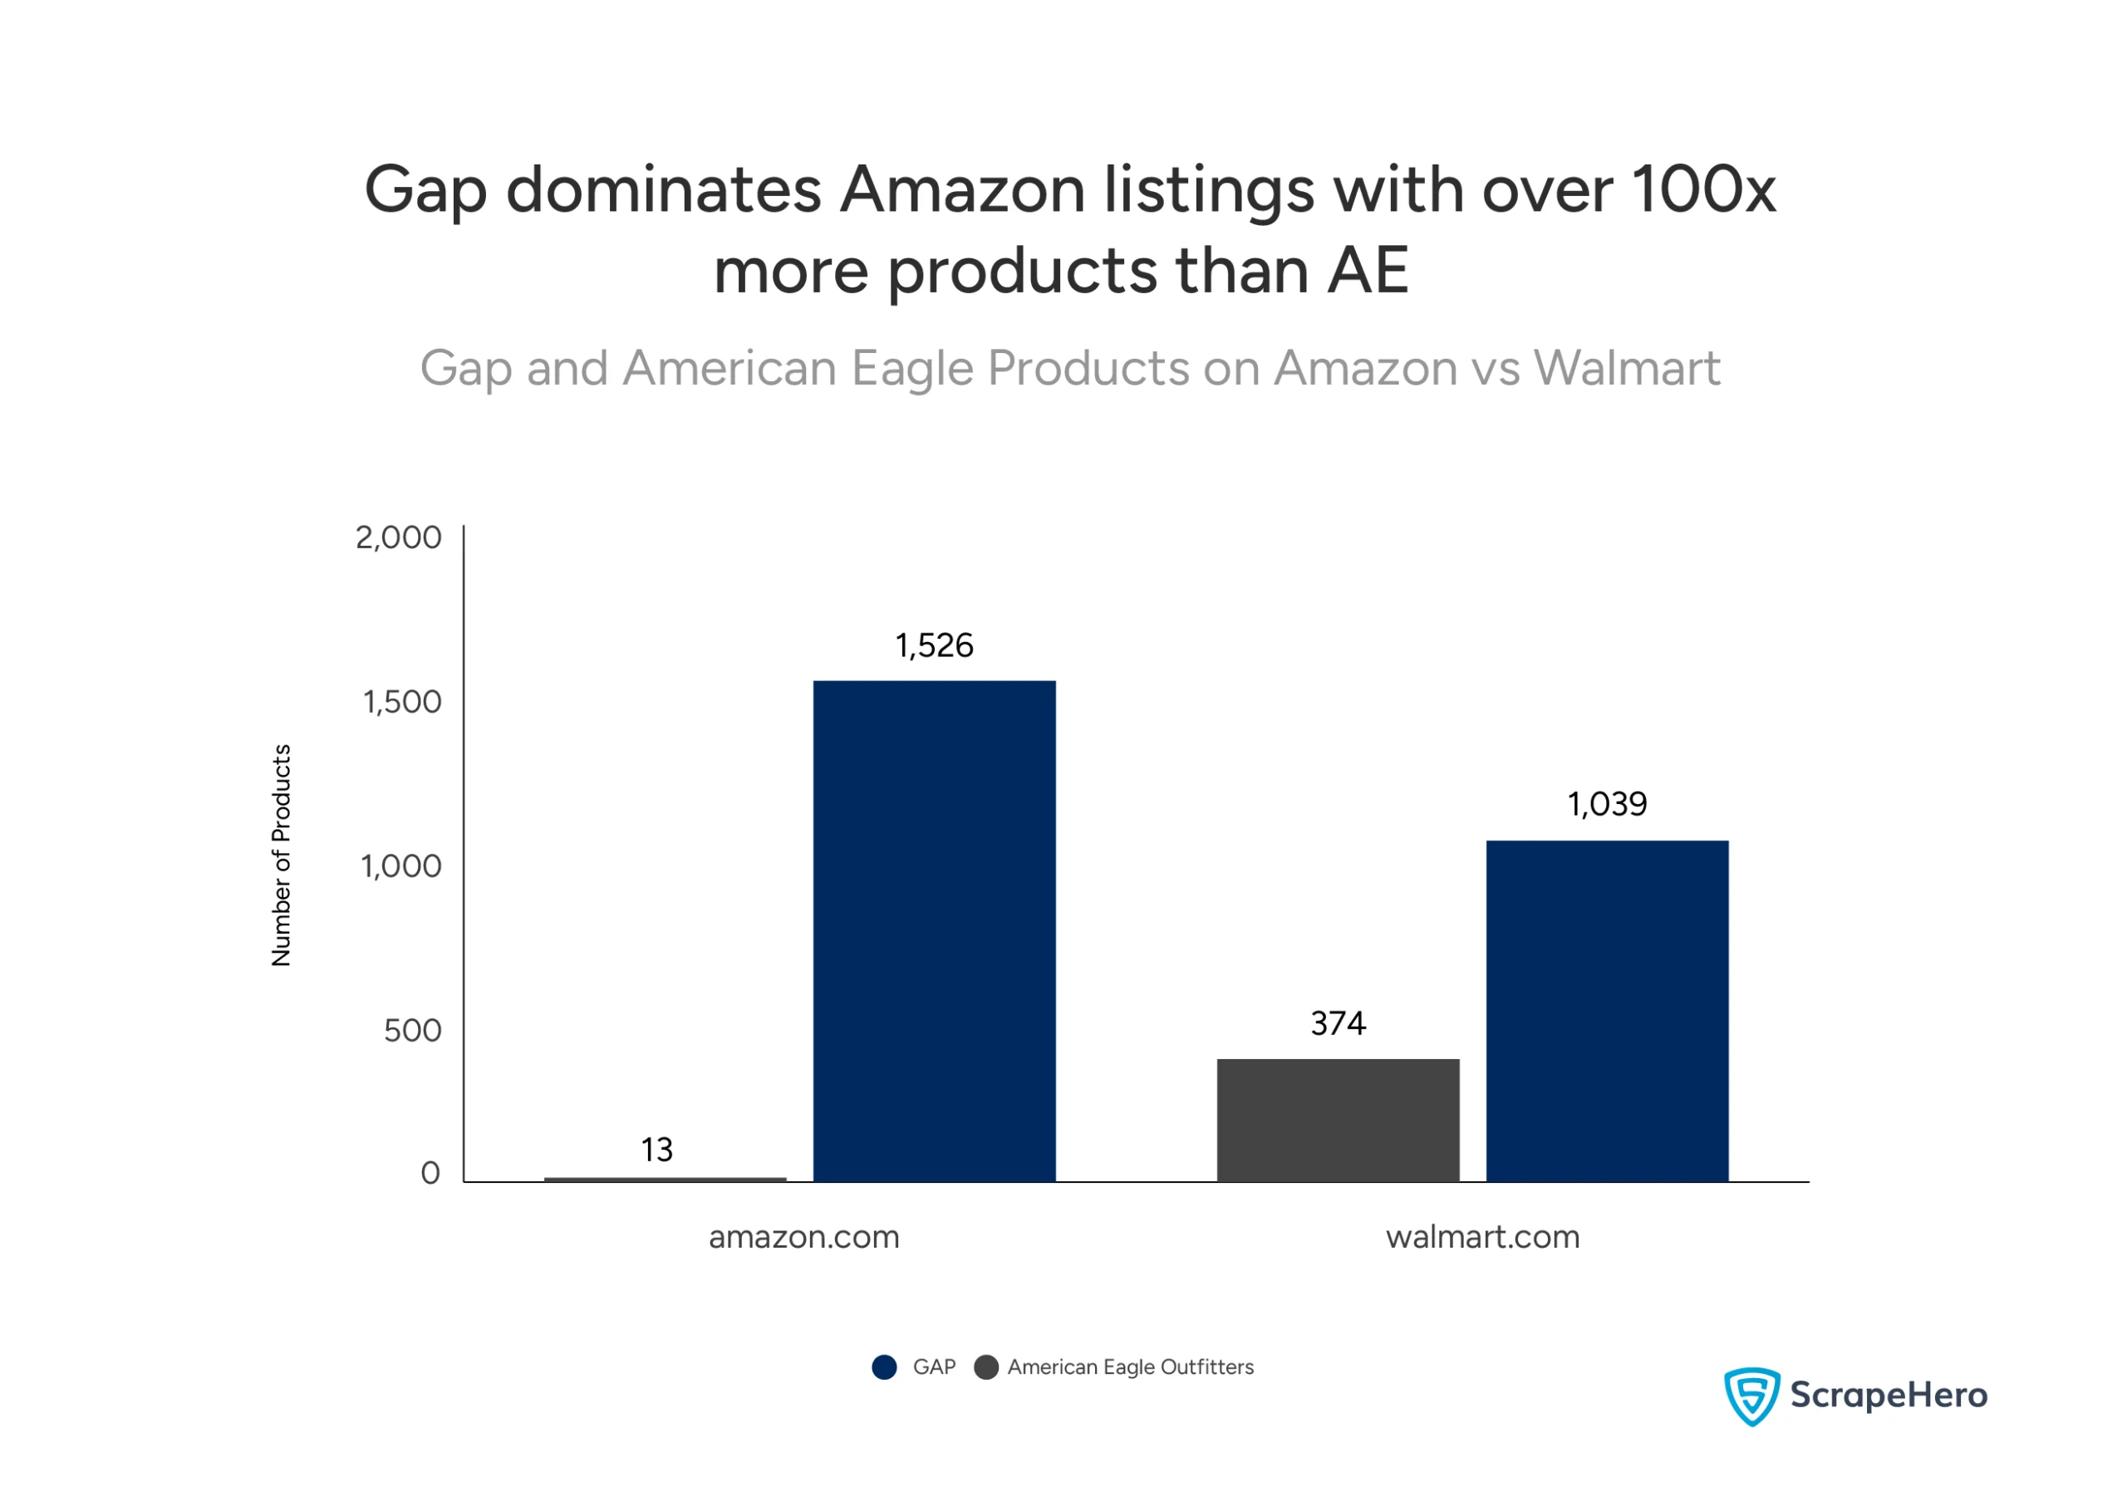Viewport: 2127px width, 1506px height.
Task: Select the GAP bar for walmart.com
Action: click(x=1606, y=1010)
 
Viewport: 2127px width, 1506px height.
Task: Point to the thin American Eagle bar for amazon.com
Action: click(x=664, y=1179)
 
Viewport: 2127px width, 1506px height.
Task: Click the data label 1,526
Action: click(x=933, y=645)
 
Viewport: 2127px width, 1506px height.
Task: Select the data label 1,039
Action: click(x=1606, y=804)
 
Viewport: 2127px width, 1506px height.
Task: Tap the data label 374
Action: click(x=1337, y=1023)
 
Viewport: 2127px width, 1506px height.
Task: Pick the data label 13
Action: click(x=656, y=1150)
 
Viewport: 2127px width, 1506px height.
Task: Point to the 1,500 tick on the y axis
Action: click(x=401, y=702)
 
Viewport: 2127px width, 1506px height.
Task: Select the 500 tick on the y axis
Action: click(x=412, y=1030)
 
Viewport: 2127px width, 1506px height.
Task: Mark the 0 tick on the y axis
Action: click(x=430, y=1173)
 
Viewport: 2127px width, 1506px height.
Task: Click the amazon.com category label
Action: click(x=803, y=1237)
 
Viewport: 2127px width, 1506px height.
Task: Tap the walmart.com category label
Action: click(x=1481, y=1237)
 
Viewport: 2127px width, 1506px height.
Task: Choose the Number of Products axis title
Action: click(x=281, y=854)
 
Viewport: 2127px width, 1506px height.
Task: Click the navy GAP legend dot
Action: click(x=884, y=1367)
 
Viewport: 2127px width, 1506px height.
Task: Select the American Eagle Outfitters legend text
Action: click(x=1130, y=1367)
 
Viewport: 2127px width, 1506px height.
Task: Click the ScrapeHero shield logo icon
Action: click(x=1751, y=1395)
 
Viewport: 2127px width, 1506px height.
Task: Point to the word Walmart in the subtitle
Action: click(x=1626, y=368)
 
